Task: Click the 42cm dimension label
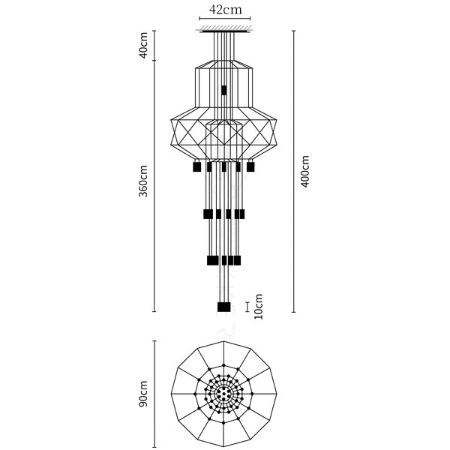[x=225, y=10]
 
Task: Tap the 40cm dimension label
[x=143, y=45]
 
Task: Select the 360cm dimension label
[x=143, y=181]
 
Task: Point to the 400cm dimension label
[x=304, y=171]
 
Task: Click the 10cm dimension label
[x=258, y=307]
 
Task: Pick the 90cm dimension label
[x=143, y=394]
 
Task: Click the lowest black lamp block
[x=223, y=307]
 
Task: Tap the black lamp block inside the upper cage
[x=223, y=90]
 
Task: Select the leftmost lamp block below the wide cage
[x=196, y=166]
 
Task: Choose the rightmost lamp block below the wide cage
[x=250, y=166]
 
